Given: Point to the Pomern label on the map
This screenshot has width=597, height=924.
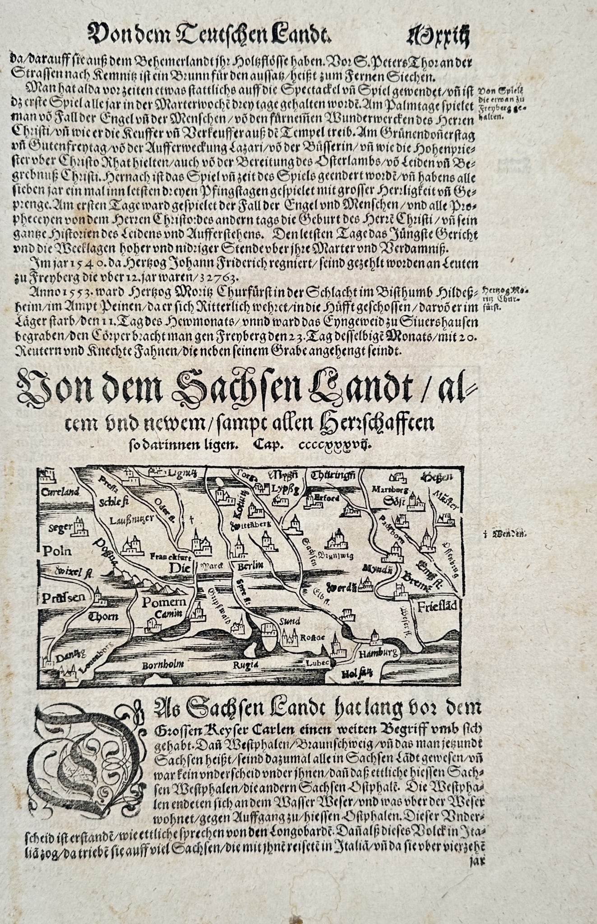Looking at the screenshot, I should (x=164, y=602).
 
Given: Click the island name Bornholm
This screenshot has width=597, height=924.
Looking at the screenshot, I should (x=162, y=665).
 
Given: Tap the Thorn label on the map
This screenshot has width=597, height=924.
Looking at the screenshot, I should (x=104, y=617).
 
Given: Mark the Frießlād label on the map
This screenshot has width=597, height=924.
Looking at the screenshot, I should (x=437, y=606).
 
